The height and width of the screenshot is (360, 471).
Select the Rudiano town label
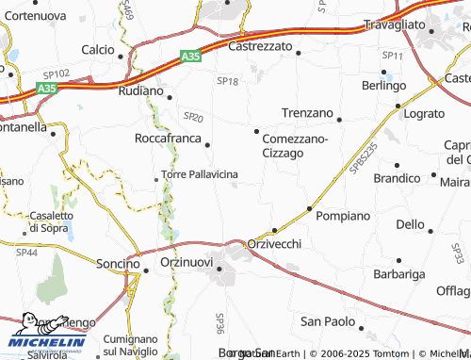(141, 91)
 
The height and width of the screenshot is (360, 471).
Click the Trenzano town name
(307, 112)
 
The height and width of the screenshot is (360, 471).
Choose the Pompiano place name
(344, 216)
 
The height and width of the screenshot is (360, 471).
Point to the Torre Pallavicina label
(200, 175)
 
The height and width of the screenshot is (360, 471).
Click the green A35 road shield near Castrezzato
(190, 57)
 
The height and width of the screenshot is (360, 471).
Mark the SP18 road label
(228, 82)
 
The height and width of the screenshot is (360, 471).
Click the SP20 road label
(193, 117)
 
